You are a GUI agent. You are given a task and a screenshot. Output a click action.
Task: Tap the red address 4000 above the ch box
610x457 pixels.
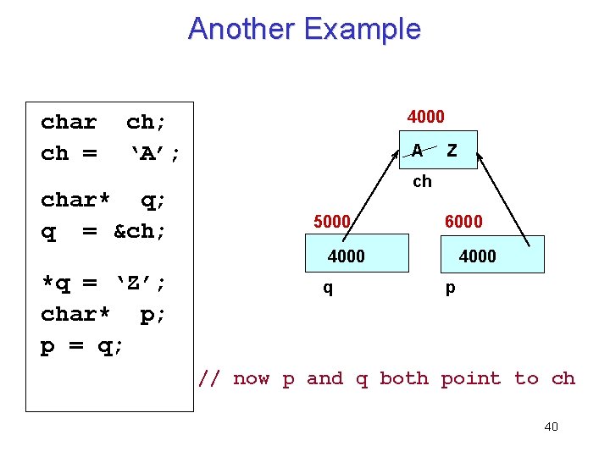[425, 116]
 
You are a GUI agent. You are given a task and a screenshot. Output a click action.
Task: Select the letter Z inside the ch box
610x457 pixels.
[452, 151]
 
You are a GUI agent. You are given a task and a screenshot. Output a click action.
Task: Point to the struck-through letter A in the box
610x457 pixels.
[417, 151]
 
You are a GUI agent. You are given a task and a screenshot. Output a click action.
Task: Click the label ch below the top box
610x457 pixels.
[422, 181]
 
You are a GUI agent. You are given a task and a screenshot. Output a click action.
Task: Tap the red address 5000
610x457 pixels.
[331, 222]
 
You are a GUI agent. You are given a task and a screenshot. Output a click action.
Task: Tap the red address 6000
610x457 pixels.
[463, 222]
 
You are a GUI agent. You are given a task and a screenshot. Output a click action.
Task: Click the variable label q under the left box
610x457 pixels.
[328, 288]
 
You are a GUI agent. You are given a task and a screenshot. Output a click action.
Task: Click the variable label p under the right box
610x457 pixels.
[450, 288]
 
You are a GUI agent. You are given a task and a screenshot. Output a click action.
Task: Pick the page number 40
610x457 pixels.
[551, 427]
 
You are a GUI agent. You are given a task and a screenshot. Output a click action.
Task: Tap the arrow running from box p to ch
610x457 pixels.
[505, 199]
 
